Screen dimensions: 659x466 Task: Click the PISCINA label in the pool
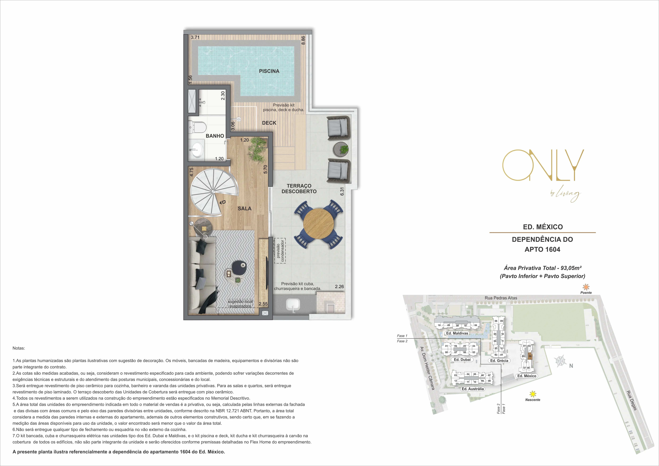coord(269,71)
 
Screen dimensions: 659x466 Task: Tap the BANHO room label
coord(215,136)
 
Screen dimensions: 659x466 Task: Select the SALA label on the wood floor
coord(245,209)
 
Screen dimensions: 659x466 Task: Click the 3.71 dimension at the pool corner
coord(195,37)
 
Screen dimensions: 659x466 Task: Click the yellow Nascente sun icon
coord(533,394)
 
